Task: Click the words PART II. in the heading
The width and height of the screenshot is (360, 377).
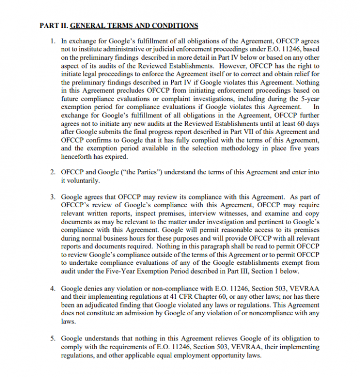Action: (x=53, y=25)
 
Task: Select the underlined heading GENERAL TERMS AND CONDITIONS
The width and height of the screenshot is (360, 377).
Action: (x=134, y=25)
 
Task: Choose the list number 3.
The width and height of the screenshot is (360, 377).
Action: (x=53, y=197)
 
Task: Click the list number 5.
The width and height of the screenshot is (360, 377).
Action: (x=53, y=338)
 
